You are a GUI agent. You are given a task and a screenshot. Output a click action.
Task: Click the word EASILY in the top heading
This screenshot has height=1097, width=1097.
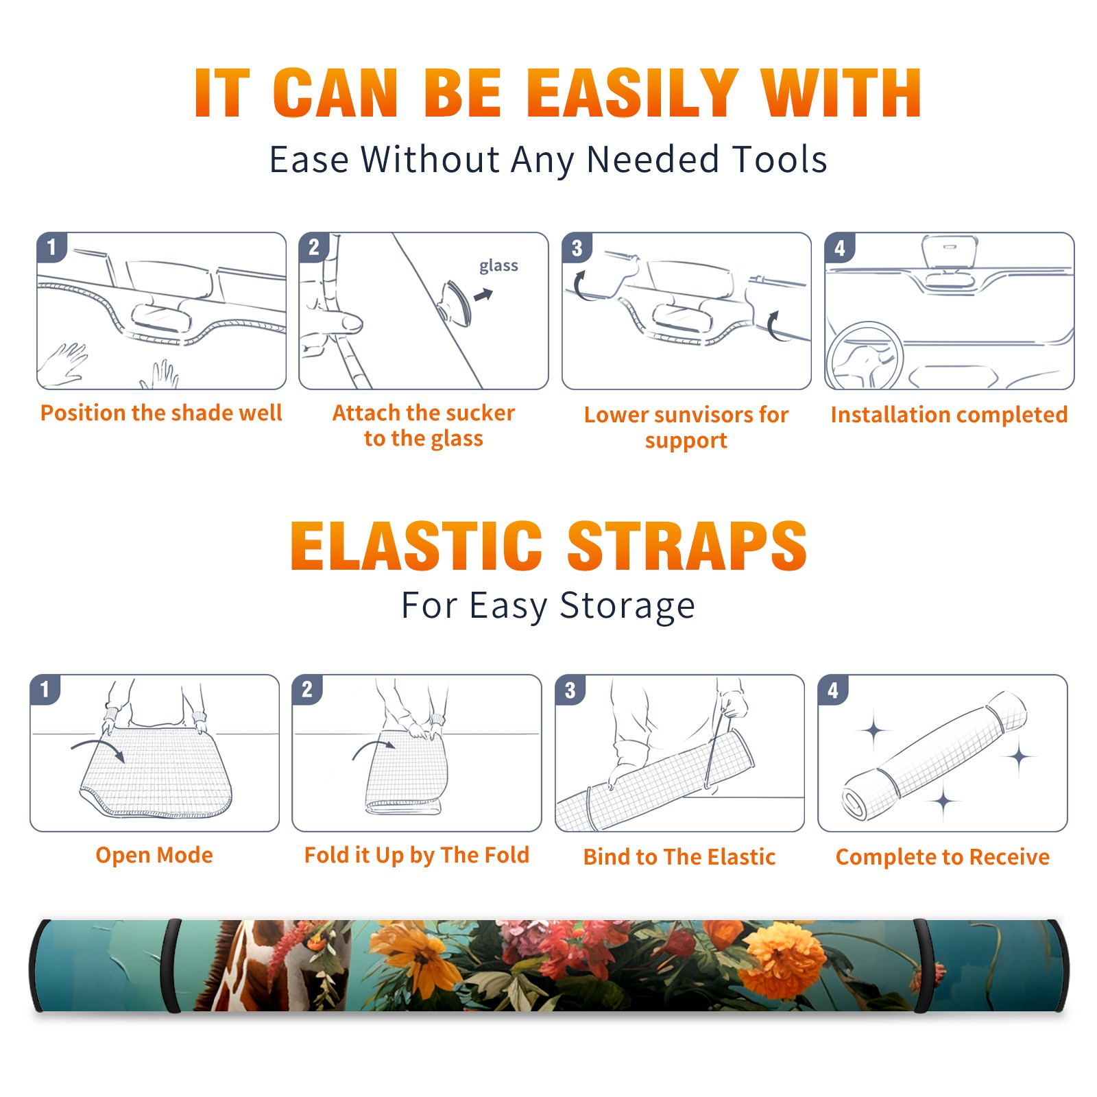(632, 93)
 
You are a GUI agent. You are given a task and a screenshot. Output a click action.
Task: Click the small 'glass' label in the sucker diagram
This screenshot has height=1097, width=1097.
(498, 266)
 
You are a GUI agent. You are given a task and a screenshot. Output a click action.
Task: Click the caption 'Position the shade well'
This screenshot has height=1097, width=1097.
(161, 413)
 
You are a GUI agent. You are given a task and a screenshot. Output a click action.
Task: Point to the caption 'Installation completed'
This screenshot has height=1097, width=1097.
(949, 415)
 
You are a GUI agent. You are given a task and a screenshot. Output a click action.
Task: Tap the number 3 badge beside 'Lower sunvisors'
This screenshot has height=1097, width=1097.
(577, 248)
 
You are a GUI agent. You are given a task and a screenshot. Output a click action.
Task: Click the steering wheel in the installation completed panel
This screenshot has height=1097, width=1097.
(865, 356)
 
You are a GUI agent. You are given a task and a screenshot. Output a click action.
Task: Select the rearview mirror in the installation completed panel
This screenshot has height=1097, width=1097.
(949, 252)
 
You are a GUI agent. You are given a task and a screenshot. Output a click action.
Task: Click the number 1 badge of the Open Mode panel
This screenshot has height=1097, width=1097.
(45, 690)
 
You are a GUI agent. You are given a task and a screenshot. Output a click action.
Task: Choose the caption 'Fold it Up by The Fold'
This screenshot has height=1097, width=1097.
(417, 855)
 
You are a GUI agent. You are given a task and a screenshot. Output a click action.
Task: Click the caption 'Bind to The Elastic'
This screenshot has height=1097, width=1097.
(679, 857)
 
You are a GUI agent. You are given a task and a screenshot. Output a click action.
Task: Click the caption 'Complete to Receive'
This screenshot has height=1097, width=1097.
(943, 857)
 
